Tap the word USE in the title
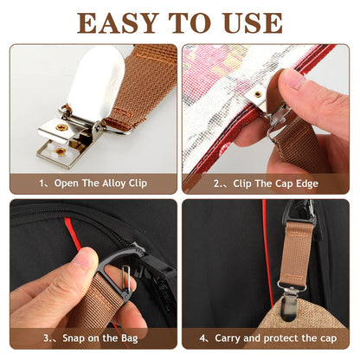249,22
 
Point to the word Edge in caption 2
305,183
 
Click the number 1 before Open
42,183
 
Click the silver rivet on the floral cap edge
256,93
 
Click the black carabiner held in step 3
121,268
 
